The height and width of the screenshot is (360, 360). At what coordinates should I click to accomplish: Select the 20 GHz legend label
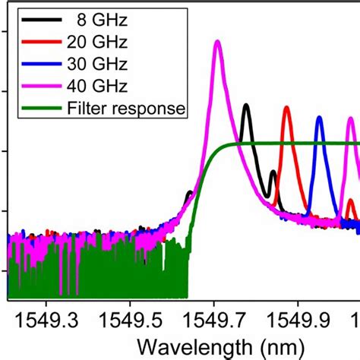tap(99, 40)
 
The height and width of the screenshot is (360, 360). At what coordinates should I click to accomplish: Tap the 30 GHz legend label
tap(99, 63)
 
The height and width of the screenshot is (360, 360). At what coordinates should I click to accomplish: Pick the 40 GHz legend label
tap(99, 86)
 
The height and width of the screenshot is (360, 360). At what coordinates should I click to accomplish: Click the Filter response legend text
tap(125, 109)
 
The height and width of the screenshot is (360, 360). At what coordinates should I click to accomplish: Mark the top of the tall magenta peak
tap(218, 42)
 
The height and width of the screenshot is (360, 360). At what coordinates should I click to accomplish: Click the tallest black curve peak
tap(245, 106)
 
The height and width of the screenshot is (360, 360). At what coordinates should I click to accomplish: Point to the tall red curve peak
tap(286, 108)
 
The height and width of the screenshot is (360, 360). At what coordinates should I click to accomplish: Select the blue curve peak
tap(319, 118)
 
